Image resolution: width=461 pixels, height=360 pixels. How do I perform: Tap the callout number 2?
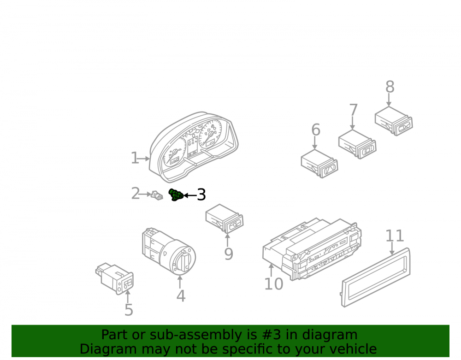(x=136, y=194)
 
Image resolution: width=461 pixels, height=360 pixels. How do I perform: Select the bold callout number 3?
(x=201, y=195)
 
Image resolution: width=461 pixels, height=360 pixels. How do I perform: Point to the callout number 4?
(x=181, y=296)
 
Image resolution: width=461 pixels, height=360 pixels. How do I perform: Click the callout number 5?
(x=129, y=310)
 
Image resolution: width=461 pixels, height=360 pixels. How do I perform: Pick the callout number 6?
(x=316, y=130)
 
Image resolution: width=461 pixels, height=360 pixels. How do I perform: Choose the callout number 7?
(x=354, y=110)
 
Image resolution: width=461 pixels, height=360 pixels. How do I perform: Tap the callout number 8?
(x=390, y=87)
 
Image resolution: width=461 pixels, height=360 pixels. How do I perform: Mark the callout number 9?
(x=229, y=254)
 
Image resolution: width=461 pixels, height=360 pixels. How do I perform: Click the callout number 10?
(x=274, y=284)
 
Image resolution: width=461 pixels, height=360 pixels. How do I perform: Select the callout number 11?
(x=395, y=236)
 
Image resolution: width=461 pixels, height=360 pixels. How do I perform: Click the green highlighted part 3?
(x=176, y=195)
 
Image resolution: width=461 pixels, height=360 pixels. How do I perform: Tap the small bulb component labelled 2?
(x=157, y=195)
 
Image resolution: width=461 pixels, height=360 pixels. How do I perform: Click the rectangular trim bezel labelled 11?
(x=375, y=277)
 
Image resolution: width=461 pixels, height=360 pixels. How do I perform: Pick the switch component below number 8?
(x=394, y=121)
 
